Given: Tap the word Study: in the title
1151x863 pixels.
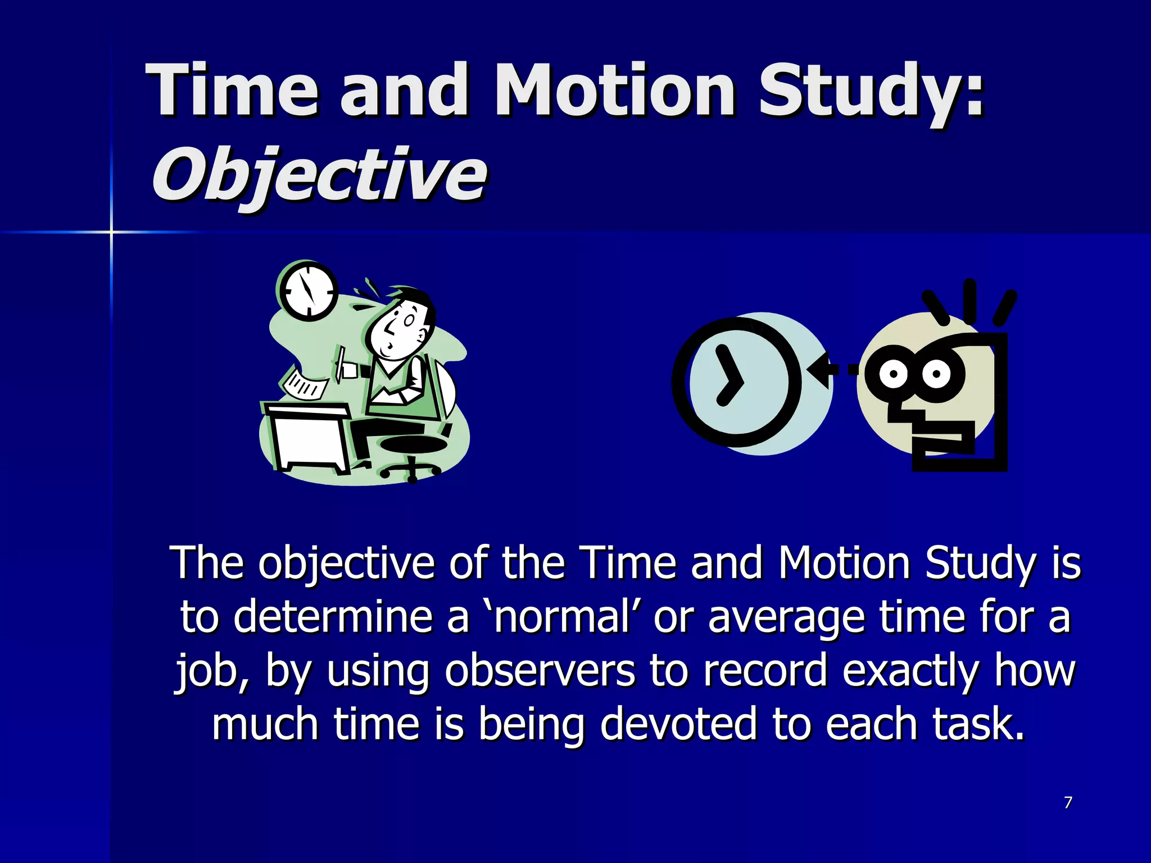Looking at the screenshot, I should tap(870, 91).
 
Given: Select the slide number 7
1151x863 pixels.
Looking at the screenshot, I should tap(1068, 802).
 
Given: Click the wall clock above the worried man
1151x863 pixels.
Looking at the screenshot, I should tap(307, 291).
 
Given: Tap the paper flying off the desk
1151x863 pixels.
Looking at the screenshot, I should tap(305, 384).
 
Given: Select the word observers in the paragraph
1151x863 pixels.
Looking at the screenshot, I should tap(540, 671).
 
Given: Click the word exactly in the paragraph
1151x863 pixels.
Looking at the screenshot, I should tap(910, 672).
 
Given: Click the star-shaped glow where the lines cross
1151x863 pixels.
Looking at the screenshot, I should tap(111, 231).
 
